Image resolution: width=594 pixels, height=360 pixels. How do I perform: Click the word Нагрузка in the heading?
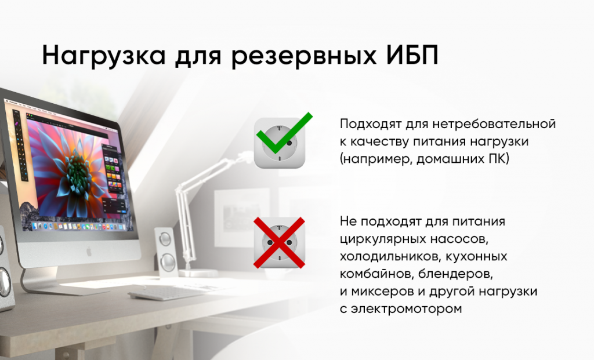[104, 56]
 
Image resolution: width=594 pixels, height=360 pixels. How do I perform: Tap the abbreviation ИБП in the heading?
[412, 55]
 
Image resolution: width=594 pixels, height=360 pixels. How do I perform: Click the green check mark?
[284, 133]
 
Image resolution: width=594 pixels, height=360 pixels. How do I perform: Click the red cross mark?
[279, 243]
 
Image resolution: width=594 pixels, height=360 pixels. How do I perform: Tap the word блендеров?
[456, 274]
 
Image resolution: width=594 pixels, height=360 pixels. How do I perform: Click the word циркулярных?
[381, 239]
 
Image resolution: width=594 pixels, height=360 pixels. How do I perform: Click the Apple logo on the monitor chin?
[89, 251]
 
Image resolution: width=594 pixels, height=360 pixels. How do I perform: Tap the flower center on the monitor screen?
[77, 169]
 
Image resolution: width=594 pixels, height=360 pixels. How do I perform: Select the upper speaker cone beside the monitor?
[165, 239]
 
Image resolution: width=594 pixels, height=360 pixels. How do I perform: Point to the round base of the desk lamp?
[198, 273]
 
